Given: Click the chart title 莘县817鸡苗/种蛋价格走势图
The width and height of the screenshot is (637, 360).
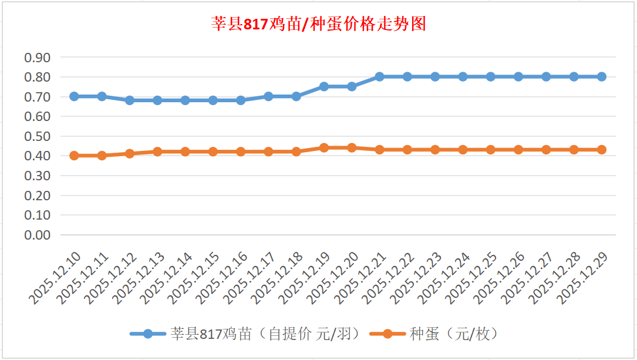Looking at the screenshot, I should [x=318, y=25].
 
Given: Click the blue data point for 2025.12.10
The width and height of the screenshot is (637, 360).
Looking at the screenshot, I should [x=75, y=96].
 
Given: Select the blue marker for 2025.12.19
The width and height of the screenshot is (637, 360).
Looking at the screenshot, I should [x=324, y=86].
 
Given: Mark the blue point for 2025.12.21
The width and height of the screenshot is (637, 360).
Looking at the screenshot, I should [x=379, y=77].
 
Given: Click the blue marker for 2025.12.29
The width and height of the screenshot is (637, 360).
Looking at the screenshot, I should [x=601, y=77].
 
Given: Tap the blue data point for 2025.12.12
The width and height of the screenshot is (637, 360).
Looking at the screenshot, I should [x=130, y=100].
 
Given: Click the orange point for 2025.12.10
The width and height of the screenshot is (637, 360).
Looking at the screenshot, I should [x=75, y=156].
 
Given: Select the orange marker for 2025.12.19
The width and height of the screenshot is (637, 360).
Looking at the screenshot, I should [x=324, y=148].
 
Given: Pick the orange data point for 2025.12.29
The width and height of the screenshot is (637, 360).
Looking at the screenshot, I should [x=601, y=150].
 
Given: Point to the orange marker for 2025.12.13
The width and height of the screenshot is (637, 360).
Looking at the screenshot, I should [x=157, y=152].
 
